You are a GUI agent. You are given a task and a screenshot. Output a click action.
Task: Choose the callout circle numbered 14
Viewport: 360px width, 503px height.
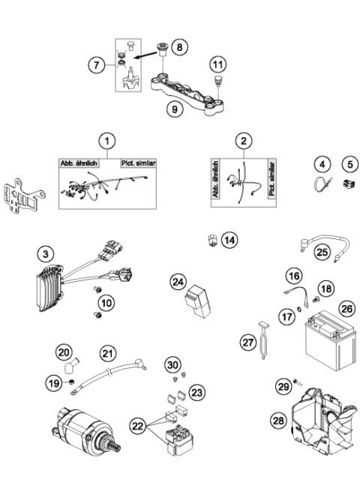click(229, 240)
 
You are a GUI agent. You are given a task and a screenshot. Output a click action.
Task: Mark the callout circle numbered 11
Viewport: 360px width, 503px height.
click(218, 64)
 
